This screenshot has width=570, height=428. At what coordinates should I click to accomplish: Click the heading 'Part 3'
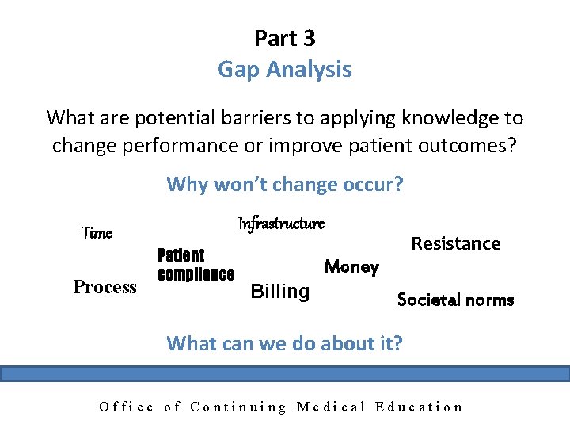[285, 37]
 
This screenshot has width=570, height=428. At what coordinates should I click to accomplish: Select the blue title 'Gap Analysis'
[285, 70]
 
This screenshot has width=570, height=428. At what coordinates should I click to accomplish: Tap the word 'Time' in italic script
[97, 233]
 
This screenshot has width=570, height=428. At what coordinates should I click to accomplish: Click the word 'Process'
[104, 287]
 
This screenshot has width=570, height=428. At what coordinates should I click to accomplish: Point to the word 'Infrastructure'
[281, 224]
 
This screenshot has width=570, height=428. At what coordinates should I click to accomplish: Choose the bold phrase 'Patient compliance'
[196, 265]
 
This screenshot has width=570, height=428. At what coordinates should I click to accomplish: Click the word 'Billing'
[279, 291]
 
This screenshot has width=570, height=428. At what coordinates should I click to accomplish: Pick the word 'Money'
[351, 267]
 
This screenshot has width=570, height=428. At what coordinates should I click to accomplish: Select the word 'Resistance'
[456, 243]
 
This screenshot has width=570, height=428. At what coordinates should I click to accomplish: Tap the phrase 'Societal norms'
[455, 300]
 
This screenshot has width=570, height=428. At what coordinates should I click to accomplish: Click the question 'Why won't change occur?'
[285, 185]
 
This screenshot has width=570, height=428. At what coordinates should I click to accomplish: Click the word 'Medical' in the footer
[331, 407]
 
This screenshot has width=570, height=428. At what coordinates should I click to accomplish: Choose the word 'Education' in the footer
[420, 407]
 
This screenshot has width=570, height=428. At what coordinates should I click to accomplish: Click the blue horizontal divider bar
[285, 373]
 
